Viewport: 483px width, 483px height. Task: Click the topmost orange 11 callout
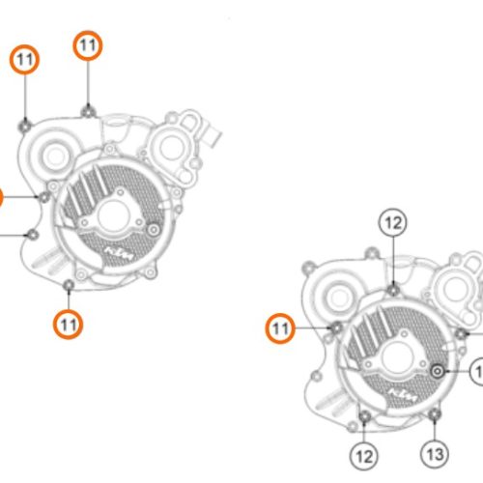point(88,45)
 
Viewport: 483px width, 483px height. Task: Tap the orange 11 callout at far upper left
point(26,60)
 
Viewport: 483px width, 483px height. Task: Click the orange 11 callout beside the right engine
point(280,330)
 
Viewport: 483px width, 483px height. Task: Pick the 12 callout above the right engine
point(392,224)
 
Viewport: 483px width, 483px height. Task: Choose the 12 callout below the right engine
point(364,453)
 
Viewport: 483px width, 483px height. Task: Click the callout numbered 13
point(435,453)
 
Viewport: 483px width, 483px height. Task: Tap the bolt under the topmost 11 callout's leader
point(88,108)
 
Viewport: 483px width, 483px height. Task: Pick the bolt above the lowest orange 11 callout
point(67,285)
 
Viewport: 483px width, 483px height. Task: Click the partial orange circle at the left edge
point(2,199)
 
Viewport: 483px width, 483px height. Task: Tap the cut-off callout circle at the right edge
point(479,371)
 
